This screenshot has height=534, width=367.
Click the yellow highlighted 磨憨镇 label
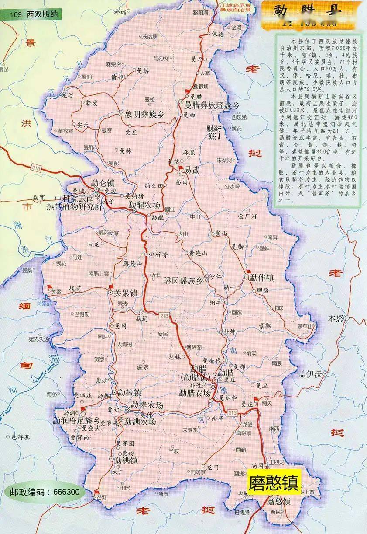tap(274, 483)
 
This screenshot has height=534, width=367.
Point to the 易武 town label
tap(192, 171)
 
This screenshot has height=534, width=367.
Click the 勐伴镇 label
tap(262, 278)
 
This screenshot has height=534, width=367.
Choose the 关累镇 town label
tap(126, 293)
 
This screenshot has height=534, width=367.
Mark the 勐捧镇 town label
tap(129, 392)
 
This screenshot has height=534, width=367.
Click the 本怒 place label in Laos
tap(336, 318)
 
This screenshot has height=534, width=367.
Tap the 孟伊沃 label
tap(310, 374)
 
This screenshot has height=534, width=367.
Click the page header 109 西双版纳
tap(32, 14)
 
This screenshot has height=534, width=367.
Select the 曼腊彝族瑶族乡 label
tap(212, 105)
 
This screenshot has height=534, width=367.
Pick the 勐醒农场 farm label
tap(144, 205)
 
